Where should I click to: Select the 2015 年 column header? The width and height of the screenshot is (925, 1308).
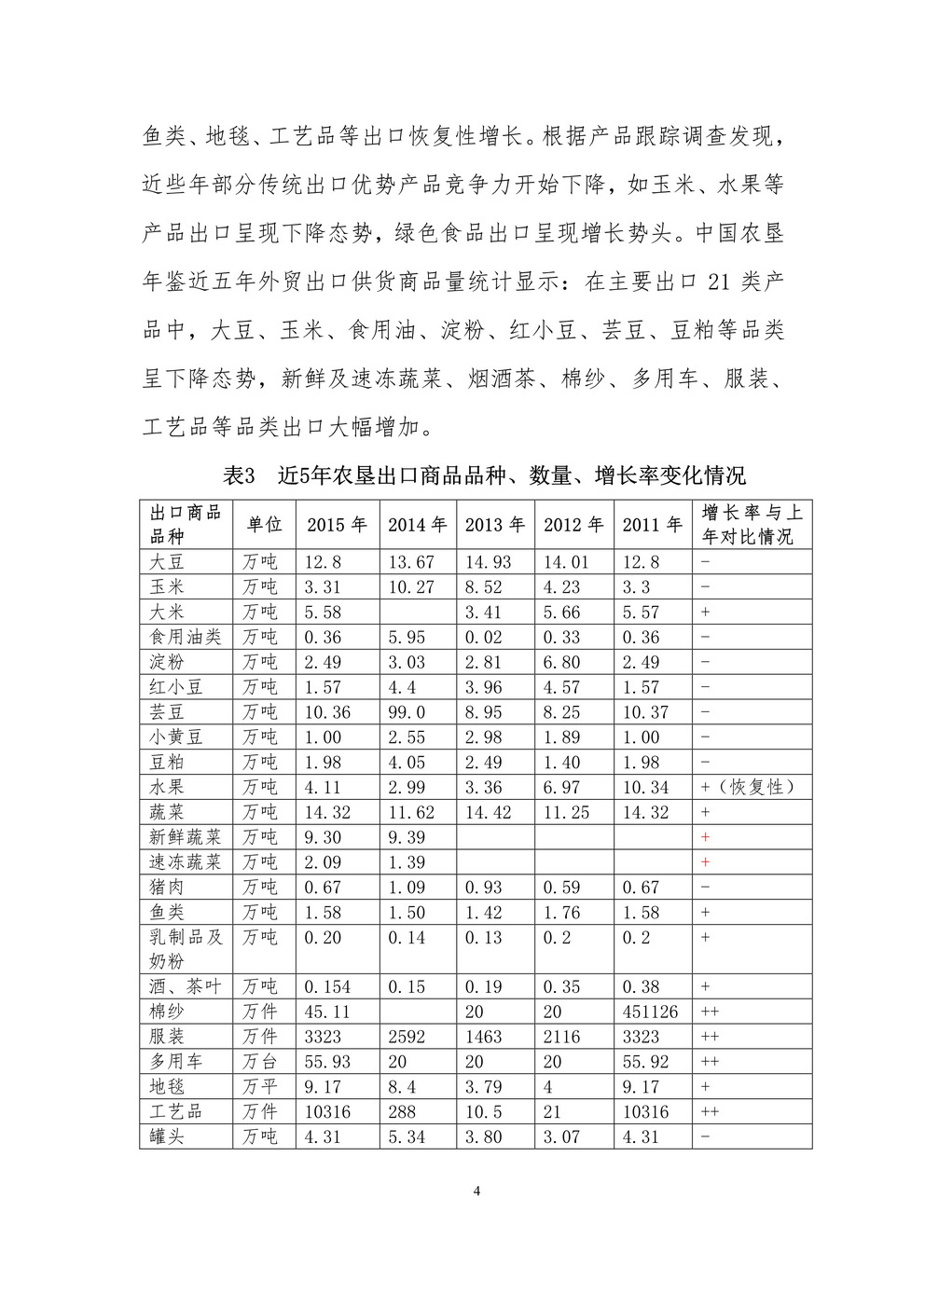338,525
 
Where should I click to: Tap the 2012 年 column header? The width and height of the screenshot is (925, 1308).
573,525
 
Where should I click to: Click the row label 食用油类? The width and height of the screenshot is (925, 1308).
186,637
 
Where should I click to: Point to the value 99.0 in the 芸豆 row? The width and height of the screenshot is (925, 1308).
407,711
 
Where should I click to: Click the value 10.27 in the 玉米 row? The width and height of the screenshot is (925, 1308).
411,587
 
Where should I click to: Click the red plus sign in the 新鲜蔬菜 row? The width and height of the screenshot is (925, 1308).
705,837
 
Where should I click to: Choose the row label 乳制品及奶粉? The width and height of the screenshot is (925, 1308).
186,948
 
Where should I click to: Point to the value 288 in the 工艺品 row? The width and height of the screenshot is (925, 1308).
402,1111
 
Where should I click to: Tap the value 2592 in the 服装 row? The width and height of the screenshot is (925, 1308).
407,1037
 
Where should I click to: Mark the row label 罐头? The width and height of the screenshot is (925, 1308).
167,1136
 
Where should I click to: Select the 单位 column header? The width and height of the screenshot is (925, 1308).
264,525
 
